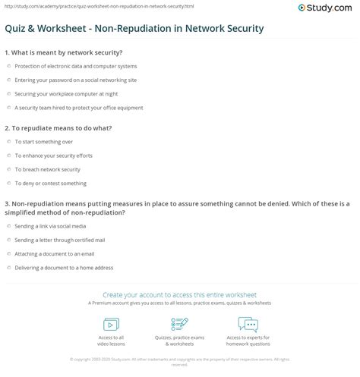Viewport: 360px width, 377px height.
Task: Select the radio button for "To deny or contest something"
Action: tap(8, 183)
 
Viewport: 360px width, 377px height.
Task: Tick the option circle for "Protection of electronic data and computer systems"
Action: tap(8, 66)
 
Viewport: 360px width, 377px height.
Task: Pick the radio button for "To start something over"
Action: tap(8, 141)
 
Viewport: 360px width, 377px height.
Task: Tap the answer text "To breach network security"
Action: tap(46, 168)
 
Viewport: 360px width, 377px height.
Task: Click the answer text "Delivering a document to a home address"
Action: tap(61, 266)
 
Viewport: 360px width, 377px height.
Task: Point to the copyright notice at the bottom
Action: tap(180, 361)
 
